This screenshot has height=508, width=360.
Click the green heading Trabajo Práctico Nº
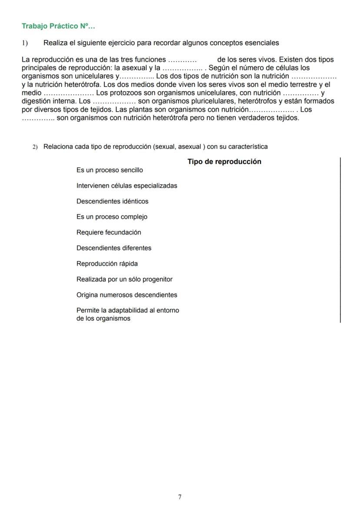[58, 26]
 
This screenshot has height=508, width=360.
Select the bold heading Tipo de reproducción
[224, 162]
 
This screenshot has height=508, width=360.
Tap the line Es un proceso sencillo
[110, 170]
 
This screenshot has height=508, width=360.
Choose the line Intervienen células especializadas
[127, 186]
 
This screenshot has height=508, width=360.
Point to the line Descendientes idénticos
[112, 201]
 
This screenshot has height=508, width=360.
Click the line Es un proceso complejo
[112, 217]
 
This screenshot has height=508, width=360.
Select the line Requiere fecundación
[109, 232]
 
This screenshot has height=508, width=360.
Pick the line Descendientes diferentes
[114, 248]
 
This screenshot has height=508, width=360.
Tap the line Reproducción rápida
[107, 264]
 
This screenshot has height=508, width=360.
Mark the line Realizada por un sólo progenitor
[124, 279]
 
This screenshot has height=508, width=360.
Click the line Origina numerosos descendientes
[127, 295]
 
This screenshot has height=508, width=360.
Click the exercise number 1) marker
[25, 43]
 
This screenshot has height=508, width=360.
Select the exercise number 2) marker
[35, 147]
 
